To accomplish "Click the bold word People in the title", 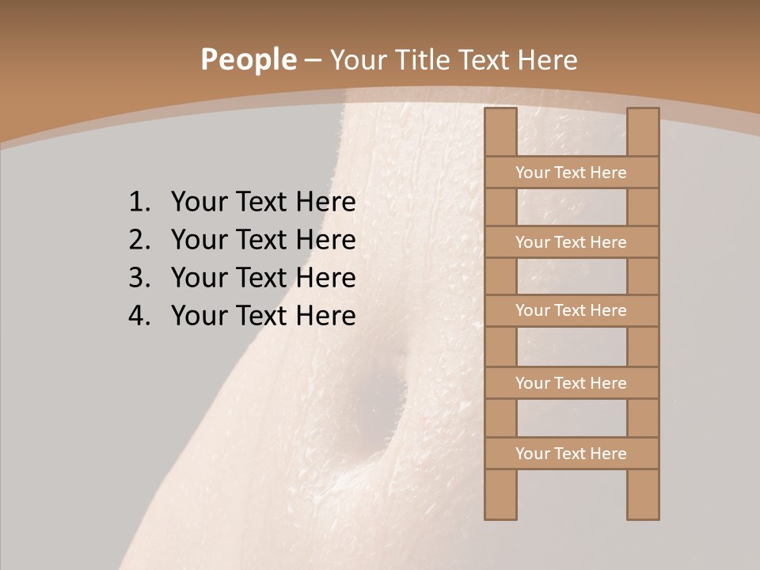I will tap(248, 59).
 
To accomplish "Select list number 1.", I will tap(139, 203).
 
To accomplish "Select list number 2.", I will tap(139, 240).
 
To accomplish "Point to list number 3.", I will tap(139, 278).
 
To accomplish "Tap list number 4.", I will tap(139, 316).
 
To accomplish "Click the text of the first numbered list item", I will tap(263, 203).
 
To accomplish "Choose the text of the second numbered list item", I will tap(263, 240).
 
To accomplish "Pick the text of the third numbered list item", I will tap(263, 278).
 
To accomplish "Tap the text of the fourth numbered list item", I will tap(263, 316).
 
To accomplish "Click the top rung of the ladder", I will tap(572, 173).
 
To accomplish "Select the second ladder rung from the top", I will tap(572, 242).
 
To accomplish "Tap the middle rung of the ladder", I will tap(572, 310).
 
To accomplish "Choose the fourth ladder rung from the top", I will tap(572, 383).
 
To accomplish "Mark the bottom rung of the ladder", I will tap(572, 454).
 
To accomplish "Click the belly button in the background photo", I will tap(378, 412).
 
